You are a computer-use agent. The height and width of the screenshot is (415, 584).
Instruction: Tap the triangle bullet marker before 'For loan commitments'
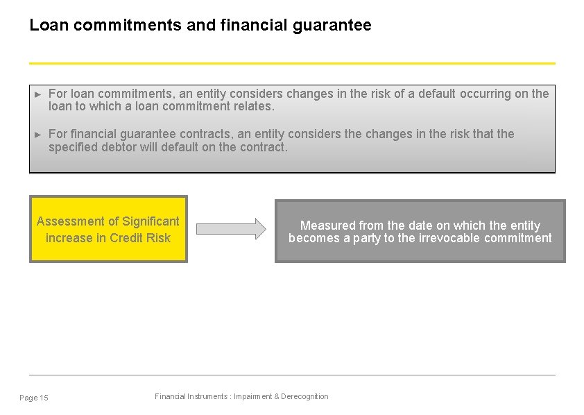38,94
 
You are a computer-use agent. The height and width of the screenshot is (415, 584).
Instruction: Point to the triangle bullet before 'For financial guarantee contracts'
38,134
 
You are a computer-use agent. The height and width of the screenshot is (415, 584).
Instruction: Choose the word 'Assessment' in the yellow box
68,221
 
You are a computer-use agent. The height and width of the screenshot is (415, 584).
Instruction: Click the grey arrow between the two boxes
231,228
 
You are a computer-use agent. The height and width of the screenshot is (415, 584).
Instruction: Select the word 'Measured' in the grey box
327,226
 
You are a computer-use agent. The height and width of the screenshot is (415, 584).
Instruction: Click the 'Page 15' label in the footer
34,398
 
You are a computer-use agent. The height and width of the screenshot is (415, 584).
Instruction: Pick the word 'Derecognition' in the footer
304,396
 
